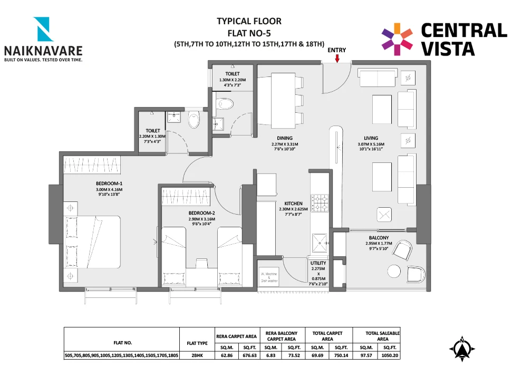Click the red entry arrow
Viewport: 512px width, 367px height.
click(337, 58)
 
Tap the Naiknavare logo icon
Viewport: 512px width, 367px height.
click(43, 29)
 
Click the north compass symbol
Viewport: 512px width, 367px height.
click(462, 349)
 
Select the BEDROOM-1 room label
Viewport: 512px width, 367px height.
click(109, 183)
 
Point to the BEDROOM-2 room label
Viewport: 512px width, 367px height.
click(201, 213)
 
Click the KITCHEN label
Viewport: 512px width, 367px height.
click(293, 204)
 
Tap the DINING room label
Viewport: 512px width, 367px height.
click(285, 138)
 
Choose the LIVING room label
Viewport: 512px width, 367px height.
click(371, 138)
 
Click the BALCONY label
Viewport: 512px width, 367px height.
click(379, 238)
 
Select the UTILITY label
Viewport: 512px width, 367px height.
click(318, 263)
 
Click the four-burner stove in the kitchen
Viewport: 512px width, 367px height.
click(320, 203)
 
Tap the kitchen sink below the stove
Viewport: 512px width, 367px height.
click(320, 243)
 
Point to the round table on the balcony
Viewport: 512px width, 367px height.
click(394, 271)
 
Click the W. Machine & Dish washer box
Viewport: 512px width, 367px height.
click(269, 277)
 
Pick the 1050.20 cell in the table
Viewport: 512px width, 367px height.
click(390, 355)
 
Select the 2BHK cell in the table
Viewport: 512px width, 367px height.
click(197, 355)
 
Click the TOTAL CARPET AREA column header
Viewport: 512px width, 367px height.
click(327, 336)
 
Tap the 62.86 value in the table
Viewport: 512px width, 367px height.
click(227, 355)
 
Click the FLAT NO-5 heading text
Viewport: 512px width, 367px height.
click(249, 33)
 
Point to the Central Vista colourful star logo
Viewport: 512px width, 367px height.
click(397, 39)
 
